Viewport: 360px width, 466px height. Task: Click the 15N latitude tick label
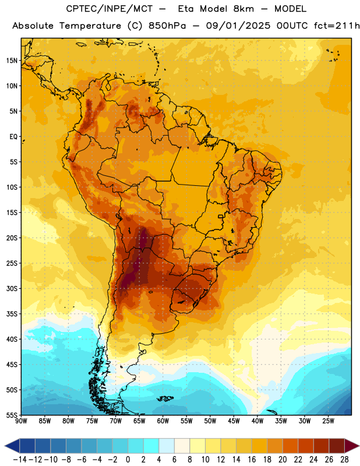[12, 61]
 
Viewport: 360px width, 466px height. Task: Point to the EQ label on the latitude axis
[13, 137]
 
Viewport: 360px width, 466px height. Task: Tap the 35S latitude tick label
[12, 314]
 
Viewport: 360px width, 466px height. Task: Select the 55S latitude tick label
[12, 415]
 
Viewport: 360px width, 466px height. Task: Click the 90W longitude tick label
[21, 421]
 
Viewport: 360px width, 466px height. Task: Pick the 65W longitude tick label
[139, 421]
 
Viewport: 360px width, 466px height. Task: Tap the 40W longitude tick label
[257, 421]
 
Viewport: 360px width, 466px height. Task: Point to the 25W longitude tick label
[328, 421]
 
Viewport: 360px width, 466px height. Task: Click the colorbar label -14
[20, 460]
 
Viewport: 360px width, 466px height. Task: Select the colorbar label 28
[344, 460]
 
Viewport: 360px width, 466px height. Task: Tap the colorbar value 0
[128, 460]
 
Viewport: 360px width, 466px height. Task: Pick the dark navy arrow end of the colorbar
[12, 446]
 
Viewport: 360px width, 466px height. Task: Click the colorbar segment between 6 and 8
[182, 446]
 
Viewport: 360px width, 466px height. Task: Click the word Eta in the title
[186, 9]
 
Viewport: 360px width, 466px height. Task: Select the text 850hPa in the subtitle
[167, 26]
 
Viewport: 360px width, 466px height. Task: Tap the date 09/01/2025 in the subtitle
[238, 26]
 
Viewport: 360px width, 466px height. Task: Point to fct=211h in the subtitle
[337, 26]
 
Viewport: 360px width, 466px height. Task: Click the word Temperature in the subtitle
[90, 26]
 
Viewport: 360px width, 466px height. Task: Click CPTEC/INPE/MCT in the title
[109, 9]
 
